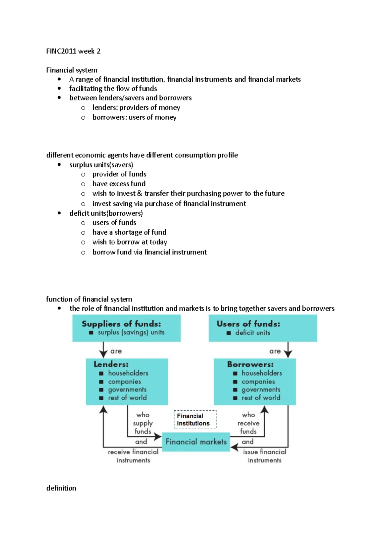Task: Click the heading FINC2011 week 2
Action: [73, 51]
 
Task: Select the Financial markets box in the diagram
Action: [196, 442]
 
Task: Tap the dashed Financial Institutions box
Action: [195, 419]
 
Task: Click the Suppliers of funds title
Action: [121, 324]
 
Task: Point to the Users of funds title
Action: [248, 324]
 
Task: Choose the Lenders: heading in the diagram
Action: [111, 364]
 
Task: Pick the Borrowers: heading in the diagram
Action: [250, 364]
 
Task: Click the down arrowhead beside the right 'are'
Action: [288, 354]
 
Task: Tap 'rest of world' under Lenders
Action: [127, 398]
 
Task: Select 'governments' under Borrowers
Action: [261, 390]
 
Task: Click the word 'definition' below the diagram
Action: [61, 488]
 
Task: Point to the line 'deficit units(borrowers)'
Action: [106, 213]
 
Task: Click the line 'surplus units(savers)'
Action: [101, 165]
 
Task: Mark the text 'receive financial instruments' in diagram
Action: [133, 456]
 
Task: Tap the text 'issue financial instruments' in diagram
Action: [265, 456]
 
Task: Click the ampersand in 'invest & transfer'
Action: [139, 193]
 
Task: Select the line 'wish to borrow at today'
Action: [130, 242]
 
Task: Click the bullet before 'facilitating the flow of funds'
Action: [59, 88]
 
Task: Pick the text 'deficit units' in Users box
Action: [253, 333]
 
